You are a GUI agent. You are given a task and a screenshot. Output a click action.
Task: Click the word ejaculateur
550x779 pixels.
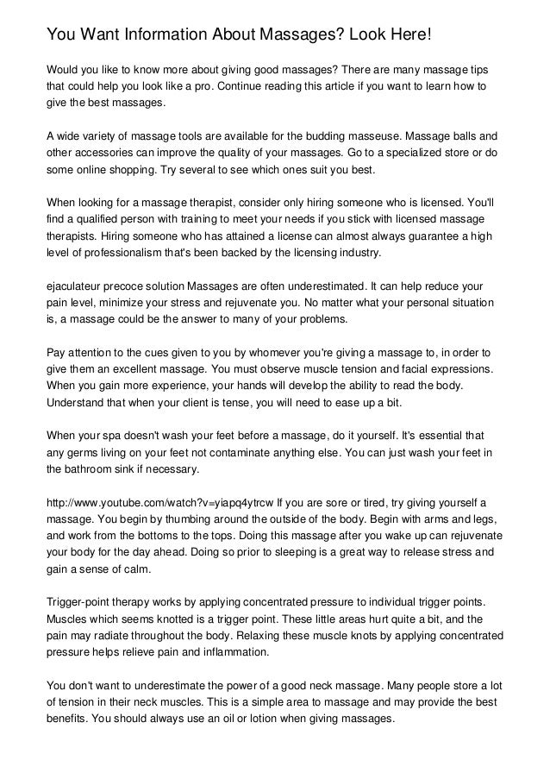click(78, 286)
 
